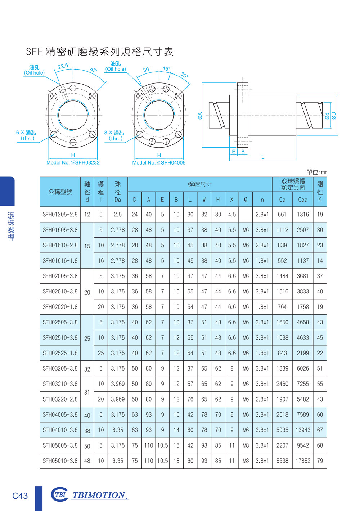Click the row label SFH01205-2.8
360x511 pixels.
coord(60,214)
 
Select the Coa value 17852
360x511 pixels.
coord(302,461)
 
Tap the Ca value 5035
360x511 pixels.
coord(282,430)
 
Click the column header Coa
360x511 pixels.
coord(302,200)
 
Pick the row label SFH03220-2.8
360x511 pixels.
coord(60,399)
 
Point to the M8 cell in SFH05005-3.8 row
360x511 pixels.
coord(246,445)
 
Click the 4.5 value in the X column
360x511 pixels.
coord(231,214)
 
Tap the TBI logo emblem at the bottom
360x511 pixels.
coord(59,494)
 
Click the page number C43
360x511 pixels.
coord(20,496)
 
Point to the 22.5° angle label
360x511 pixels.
coord(63,66)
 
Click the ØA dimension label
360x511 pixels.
coord(200,116)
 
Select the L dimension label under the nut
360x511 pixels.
coord(263,157)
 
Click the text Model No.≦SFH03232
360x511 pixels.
coord(73,163)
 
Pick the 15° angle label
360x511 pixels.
coord(166,69)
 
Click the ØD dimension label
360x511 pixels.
coord(334,116)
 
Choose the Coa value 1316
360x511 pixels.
coord(302,214)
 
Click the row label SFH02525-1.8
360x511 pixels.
coord(60,353)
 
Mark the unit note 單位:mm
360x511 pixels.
coord(317,172)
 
